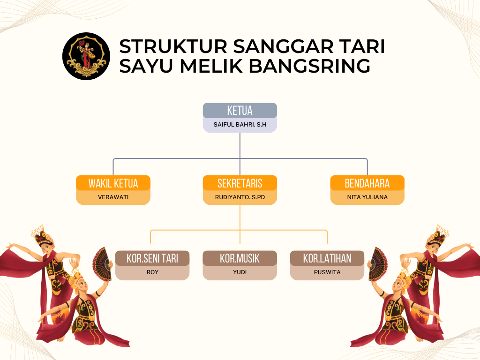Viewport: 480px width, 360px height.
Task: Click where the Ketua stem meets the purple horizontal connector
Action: click(240, 158)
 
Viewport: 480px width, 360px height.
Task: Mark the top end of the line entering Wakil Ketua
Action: click(113, 159)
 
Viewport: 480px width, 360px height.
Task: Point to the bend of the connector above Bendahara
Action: click(367, 159)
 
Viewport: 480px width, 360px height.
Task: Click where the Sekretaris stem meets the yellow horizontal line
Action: click(240, 230)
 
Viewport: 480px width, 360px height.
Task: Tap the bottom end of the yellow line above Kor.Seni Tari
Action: click(150, 243)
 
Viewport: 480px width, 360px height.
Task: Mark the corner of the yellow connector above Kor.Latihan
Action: click(327, 230)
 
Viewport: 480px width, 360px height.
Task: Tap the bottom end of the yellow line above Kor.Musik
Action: click(240, 243)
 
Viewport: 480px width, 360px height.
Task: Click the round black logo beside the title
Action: click(86, 56)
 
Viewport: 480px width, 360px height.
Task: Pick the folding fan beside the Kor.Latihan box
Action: click(378, 264)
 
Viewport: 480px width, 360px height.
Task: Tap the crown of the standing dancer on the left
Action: click(42, 235)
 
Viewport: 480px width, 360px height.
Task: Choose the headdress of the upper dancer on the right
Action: click(438, 235)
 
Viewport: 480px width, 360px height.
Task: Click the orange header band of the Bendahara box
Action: click(367, 183)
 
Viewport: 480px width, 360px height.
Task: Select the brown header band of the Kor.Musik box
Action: click(240, 258)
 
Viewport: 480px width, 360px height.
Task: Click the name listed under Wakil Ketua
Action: click(113, 197)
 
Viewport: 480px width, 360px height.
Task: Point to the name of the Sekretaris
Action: click(240, 197)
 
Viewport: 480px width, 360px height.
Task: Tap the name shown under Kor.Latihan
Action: click(327, 272)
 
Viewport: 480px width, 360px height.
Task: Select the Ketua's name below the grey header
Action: click(240, 125)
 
